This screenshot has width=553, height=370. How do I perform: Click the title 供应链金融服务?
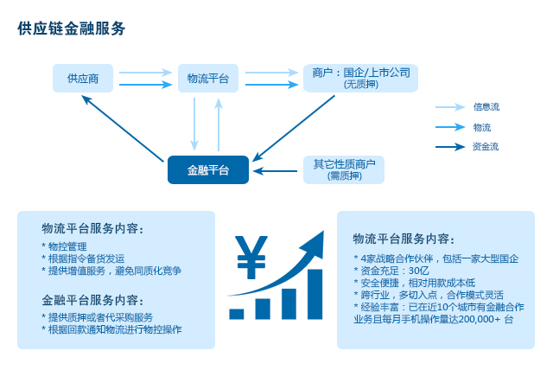click(71, 29)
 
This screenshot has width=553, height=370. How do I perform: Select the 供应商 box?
click(83, 79)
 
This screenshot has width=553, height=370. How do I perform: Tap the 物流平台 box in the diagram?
click(208, 79)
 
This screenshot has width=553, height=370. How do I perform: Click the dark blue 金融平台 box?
click(208, 170)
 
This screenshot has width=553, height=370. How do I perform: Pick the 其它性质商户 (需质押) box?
click(344, 170)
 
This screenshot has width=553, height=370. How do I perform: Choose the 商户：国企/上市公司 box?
click(361, 79)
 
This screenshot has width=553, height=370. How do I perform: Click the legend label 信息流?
click(486, 107)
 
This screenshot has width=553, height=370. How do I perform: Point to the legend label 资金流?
click(486, 147)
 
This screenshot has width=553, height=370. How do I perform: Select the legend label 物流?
click(482, 127)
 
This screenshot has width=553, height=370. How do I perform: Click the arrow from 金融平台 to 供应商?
click(123, 129)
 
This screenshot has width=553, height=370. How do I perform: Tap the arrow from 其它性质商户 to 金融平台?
click(275, 171)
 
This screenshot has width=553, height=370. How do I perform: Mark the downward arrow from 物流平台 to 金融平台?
click(194, 124)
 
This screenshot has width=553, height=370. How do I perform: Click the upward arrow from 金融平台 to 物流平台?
click(219, 124)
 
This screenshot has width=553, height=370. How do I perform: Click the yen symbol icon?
click(251, 257)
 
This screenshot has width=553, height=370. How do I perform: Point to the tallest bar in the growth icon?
click(315, 294)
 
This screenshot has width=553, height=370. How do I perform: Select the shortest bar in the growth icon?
click(236, 314)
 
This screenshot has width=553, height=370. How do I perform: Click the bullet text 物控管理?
click(67, 246)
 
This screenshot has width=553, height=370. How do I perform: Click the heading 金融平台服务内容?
click(92, 300)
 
